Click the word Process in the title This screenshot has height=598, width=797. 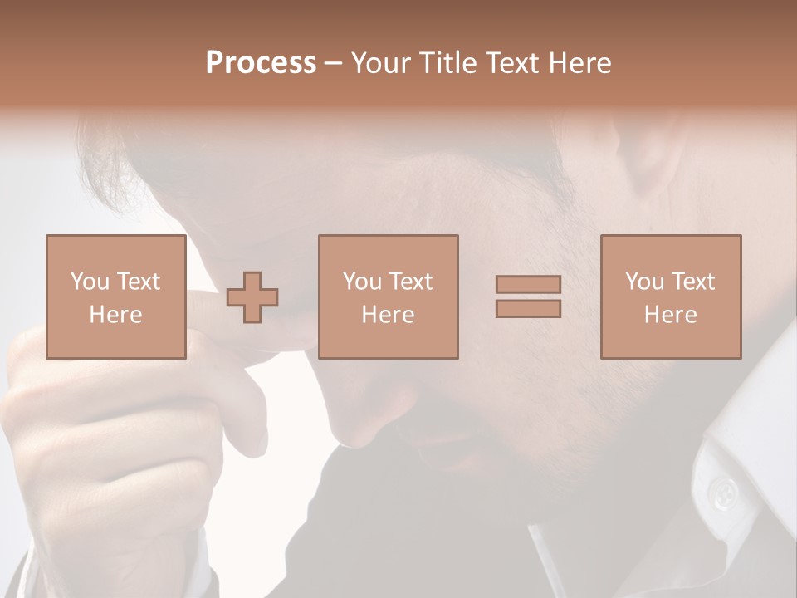(261, 62)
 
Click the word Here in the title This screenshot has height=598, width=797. (582, 62)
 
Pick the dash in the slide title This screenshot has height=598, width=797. (334, 64)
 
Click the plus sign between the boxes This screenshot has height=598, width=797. (252, 297)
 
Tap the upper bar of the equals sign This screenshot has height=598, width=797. (528, 284)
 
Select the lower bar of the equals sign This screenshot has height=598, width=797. (528, 308)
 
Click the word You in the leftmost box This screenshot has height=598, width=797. (90, 282)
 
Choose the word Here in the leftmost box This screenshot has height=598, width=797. (115, 315)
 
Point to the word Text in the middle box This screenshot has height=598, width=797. (410, 282)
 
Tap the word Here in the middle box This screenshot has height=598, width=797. (388, 315)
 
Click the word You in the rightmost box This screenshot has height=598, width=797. (644, 282)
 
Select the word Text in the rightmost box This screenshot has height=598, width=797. (692, 282)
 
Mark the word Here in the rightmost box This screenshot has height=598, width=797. (670, 315)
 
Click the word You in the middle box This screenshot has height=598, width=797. (362, 282)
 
